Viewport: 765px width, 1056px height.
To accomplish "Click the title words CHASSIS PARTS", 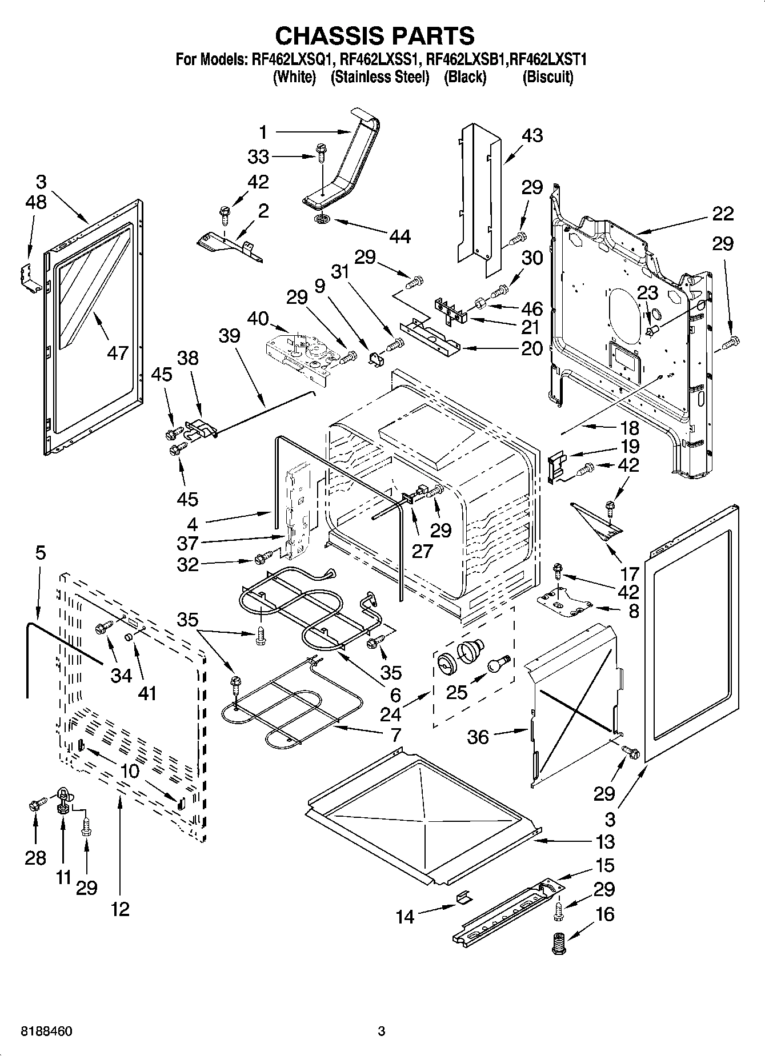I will (x=375, y=35).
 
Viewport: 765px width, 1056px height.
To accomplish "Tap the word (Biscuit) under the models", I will (x=547, y=77).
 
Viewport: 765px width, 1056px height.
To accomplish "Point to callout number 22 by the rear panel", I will (x=723, y=214).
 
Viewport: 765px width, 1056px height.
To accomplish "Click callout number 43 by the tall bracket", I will (x=531, y=136).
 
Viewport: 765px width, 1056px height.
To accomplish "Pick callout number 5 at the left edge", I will (x=40, y=553).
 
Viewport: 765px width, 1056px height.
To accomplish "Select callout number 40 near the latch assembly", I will (x=258, y=318).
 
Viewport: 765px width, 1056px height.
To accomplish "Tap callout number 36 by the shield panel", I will (x=478, y=737).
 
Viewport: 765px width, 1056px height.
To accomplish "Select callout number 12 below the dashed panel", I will (x=121, y=908).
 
